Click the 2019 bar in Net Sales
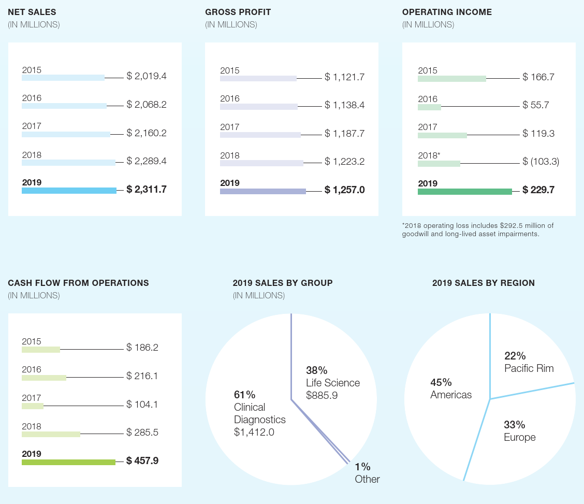click(x=69, y=191)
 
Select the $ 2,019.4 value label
click(x=147, y=76)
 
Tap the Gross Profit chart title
click(x=238, y=12)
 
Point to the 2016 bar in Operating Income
click(x=429, y=107)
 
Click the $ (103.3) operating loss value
click(x=541, y=162)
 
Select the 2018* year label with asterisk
click(x=429, y=155)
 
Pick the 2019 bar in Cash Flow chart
click(x=68, y=462)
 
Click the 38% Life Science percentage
click(x=316, y=370)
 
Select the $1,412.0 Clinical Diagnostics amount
click(x=254, y=432)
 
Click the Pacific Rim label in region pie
click(x=529, y=368)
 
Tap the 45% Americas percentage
click(x=441, y=382)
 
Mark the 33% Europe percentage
click(x=514, y=425)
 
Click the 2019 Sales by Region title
click(x=484, y=283)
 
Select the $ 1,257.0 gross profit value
click(x=345, y=190)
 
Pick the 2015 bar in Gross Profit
click(x=258, y=79)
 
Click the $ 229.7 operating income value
click(x=538, y=190)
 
